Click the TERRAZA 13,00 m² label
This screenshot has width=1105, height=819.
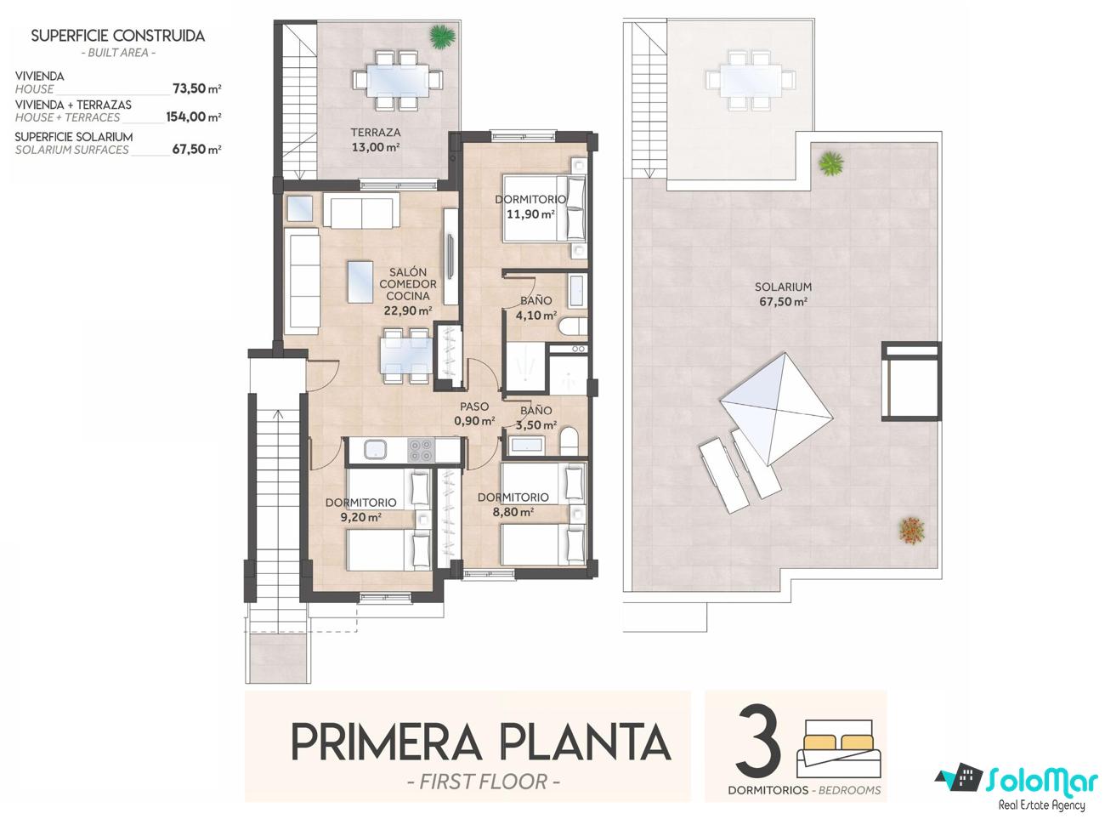tap(375, 139)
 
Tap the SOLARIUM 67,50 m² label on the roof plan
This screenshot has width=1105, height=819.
tap(783, 294)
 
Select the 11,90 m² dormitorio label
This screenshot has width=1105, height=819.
tap(530, 207)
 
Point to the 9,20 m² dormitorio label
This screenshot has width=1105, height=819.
tap(360, 509)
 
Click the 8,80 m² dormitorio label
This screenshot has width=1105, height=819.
tap(513, 504)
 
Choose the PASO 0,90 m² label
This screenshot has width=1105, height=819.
tap(473, 413)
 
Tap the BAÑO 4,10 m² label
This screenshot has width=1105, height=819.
tap(535, 308)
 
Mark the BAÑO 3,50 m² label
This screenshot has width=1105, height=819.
tap(535, 418)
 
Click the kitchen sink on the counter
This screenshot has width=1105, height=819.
tap(375, 449)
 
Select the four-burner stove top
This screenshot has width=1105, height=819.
tap(421, 450)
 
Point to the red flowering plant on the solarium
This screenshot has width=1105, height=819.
tap(911, 529)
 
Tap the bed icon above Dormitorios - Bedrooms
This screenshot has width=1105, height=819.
tap(840, 748)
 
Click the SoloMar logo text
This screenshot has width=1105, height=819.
tap(1042, 782)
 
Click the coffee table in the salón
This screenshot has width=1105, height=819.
tap(360, 282)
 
